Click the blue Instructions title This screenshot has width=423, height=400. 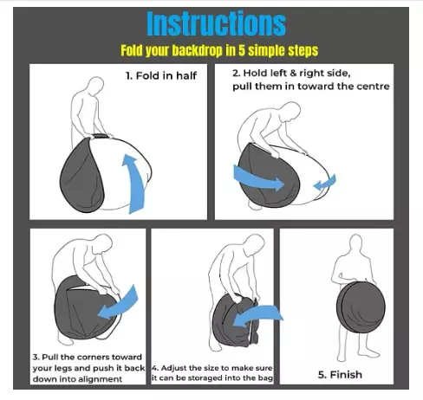tap(217, 23)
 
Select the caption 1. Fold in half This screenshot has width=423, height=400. tap(161, 76)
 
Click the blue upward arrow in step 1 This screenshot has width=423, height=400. tap(133, 184)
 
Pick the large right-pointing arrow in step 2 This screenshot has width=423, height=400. tap(258, 178)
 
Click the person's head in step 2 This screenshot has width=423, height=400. tap(290, 111)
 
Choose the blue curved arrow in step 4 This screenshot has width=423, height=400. tap(258, 315)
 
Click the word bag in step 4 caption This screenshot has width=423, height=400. tap(266, 378)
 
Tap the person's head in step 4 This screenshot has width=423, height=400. tap(256, 243)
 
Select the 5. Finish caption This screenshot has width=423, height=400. tap(340, 375)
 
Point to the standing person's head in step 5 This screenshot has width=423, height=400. tap(356, 244)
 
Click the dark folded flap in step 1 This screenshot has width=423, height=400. tap(81, 176)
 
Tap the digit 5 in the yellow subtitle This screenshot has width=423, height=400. tap(241, 51)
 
